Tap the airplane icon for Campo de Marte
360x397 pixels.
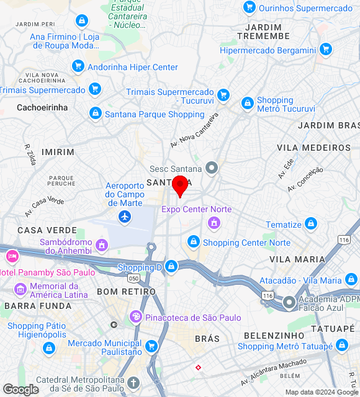(x=125, y=216)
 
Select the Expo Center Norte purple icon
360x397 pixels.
(x=214, y=222)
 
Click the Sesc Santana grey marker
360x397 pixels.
(x=212, y=168)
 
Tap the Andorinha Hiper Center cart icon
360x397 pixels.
(x=78, y=66)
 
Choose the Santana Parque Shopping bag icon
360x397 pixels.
(x=95, y=114)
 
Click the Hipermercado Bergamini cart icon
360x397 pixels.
(x=326, y=50)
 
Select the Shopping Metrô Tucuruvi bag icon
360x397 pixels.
(x=248, y=104)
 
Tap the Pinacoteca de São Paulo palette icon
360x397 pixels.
(x=136, y=318)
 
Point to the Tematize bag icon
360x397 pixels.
(x=311, y=224)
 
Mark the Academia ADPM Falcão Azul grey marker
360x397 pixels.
(x=289, y=303)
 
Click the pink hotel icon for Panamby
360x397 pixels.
(x=12, y=256)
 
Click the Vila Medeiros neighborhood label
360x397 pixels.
(x=314, y=148)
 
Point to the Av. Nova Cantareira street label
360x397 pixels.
(x=195, y=131)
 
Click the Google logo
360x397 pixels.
(x=20, y=390)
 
